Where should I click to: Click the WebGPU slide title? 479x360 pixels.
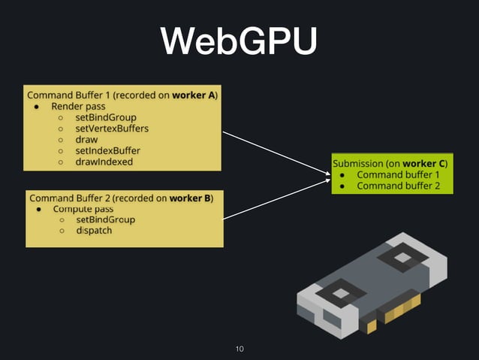pos(239,43)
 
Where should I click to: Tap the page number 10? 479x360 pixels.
pos(239,349)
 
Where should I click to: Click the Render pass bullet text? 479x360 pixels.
pos(77,107)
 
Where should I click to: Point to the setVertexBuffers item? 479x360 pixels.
pos(112,129)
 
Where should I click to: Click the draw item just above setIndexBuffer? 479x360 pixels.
pos(86,140)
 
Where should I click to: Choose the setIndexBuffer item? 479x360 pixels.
pos(107,150)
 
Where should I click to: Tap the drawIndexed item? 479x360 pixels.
pos(104,162)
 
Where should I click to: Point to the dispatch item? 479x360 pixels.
pos(94,231)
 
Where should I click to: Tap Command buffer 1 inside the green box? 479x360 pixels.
pos(398,175)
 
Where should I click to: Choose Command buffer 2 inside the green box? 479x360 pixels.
pos(398,186)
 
